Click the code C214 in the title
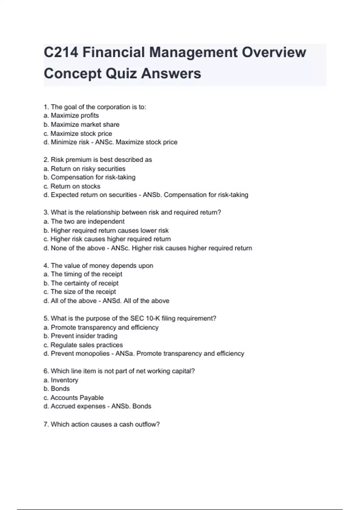[61, 52]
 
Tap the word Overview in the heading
[274, 52]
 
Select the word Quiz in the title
[121, 73]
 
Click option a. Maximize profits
[71, 115]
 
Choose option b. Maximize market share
[81, 124]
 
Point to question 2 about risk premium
[98, 160]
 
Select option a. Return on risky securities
[84, 169]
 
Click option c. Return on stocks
[72, 186]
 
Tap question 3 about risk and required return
[132, 212]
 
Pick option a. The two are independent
[84, 221]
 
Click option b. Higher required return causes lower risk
[106, 230]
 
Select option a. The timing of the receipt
[83, 274]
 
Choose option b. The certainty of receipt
[81, 283]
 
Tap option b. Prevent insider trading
[80, 336]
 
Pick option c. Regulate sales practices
[83, 345]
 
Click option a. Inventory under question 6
[61, 380]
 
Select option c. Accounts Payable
[73, 397]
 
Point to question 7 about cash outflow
[102, 424]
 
